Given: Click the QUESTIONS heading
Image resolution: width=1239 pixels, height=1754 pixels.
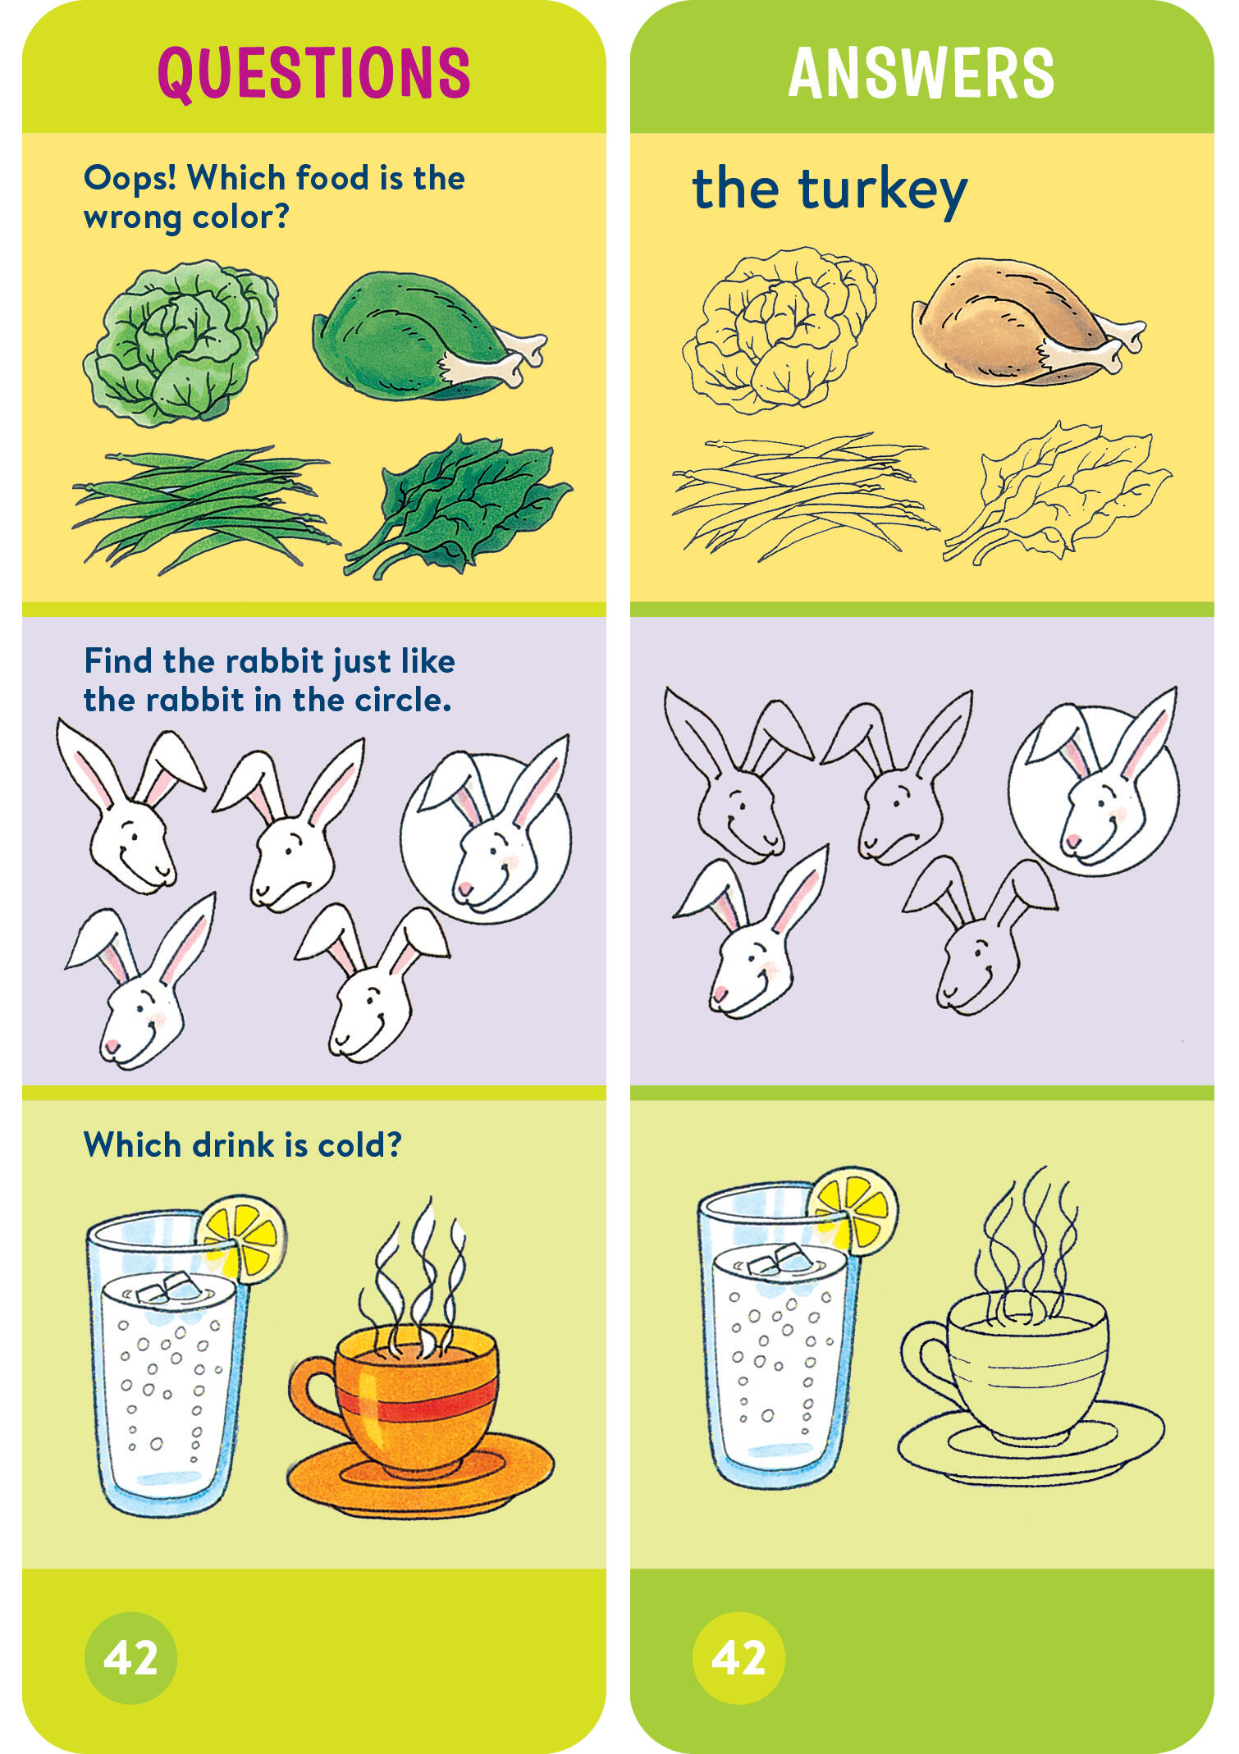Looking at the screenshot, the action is pyautogui.click(x=314, y=73).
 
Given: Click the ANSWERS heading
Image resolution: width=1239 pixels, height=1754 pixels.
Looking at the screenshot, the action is pyautogui.click(x=921, y=73).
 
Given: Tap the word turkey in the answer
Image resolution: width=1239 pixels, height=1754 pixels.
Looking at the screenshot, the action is pyautogui.click(x=884, y=191).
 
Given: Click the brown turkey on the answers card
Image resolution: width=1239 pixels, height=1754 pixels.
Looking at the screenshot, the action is pyautogui.click(x=1027, y=322).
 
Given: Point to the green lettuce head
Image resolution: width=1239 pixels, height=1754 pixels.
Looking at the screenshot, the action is pyautogui.click(x=181, y=343).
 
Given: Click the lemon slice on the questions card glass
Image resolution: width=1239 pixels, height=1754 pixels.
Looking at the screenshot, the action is pyautogui.click(x=242, y=1239).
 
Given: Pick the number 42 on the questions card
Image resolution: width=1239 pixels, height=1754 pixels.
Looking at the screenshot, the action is pyautogui.click(x=130, y=1657).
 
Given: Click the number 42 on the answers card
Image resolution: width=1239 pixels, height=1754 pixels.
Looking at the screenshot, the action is pyautogui.click(x=738, y=1657).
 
